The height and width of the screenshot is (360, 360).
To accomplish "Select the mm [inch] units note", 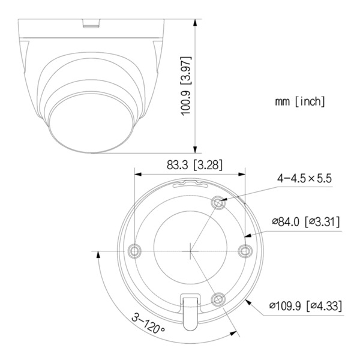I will pos(301,101).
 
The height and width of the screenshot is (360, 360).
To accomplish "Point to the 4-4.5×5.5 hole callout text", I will pos(304,178).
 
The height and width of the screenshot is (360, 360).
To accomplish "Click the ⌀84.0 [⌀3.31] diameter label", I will pos(306,222).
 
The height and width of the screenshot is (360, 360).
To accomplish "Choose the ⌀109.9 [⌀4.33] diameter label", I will pos(306,306).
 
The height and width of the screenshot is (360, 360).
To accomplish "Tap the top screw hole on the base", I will pos(220,203).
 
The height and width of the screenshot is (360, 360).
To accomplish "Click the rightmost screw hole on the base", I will pos(244,250).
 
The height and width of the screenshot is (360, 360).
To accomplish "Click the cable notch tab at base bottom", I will pos(190,307).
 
